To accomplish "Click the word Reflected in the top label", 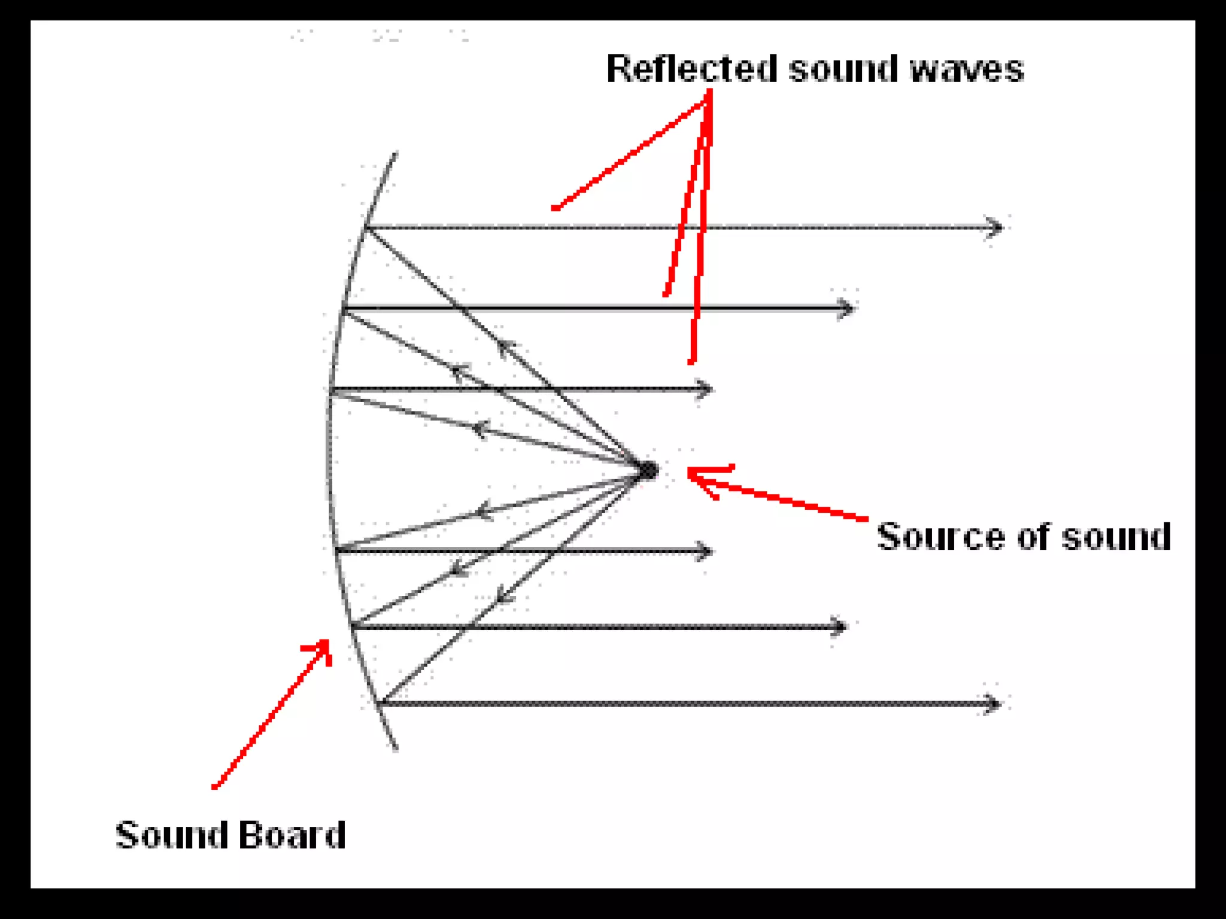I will pos(691,69).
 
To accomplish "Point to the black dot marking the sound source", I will pos(648,471).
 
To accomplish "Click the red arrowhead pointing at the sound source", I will pos(694,474).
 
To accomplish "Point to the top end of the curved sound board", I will pos(394,154).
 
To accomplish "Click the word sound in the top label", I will pos(844,69).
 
